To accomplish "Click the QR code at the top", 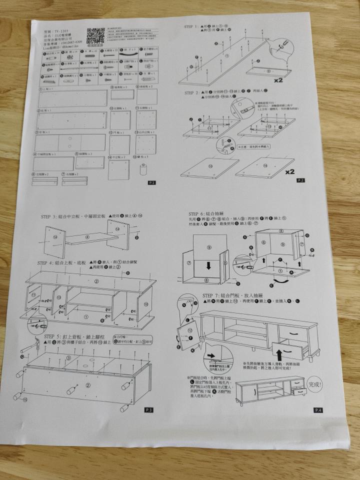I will coord(94,36).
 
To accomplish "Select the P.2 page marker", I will coord(300,179).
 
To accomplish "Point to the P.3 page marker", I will coord(147,409).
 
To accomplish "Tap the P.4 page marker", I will coord(318,410).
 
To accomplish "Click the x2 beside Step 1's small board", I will coord(279,79).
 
